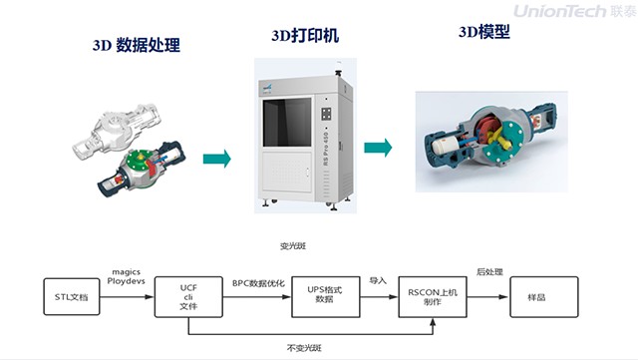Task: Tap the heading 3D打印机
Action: point(304,36)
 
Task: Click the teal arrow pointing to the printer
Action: point(216,159)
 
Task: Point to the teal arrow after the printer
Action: point(377,148)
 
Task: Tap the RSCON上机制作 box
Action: point(432,296)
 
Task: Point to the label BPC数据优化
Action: point(258,283)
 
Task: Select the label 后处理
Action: point(487,271)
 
